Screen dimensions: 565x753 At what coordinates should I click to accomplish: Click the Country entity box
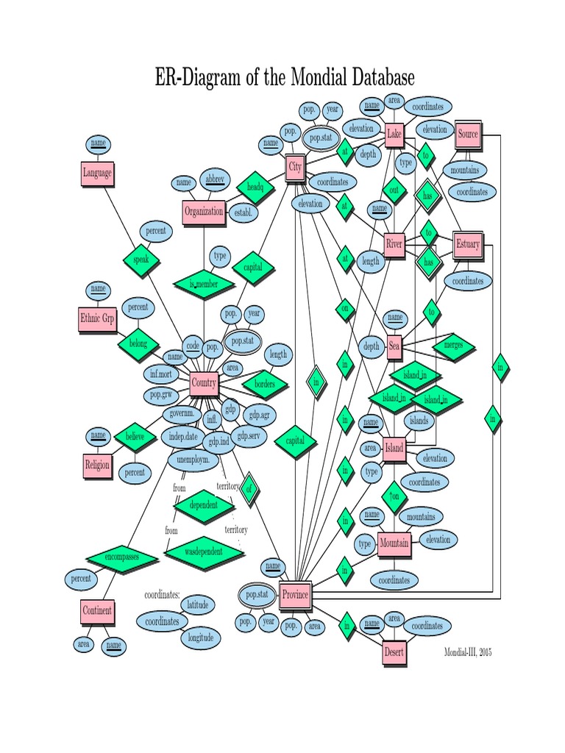204,384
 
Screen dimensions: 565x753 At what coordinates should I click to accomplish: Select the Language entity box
98,174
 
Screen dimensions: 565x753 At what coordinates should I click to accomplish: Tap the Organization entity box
205,212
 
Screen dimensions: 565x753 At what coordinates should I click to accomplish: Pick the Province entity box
296,594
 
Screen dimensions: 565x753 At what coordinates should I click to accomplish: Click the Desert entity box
394,653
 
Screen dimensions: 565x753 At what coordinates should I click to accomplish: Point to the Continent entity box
98,611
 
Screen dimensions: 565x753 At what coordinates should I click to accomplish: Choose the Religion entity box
98,465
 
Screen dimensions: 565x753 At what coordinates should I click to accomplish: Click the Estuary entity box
468,244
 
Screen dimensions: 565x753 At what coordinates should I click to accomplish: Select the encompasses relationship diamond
122,557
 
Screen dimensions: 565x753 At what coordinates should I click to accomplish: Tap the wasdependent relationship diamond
204,552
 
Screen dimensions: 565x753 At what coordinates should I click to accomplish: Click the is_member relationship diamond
204,285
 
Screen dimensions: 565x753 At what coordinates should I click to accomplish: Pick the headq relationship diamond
255,187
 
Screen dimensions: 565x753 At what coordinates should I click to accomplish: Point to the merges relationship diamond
453,346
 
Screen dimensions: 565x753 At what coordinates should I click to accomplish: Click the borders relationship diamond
265,384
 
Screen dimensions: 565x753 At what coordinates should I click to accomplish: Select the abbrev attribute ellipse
215,179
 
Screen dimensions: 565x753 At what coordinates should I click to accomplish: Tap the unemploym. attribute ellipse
193,460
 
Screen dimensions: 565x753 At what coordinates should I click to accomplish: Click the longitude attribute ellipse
201,638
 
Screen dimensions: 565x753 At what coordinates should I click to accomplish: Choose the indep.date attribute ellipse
183,437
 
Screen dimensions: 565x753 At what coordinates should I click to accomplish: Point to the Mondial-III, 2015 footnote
468,652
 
